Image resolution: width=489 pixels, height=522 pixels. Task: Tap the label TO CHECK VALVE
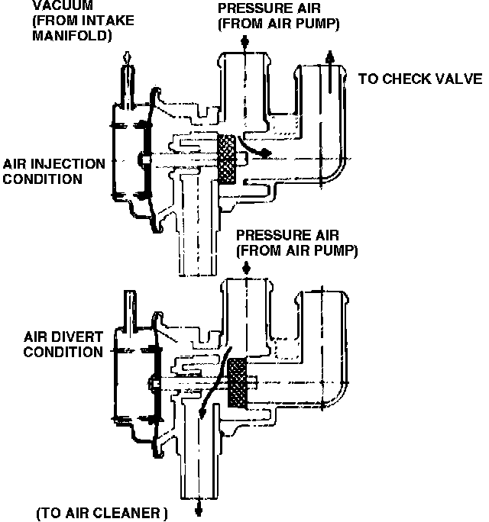pyautogui.click(x=419, y=79)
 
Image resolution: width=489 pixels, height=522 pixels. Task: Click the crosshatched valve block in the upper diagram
pyautogui.click(x=228, y=159)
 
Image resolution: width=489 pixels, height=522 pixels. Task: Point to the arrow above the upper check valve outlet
pyautogui.click(x=329, y=59)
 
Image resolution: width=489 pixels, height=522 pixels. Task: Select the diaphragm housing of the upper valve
pyautogui.click(x=128, y=160)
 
